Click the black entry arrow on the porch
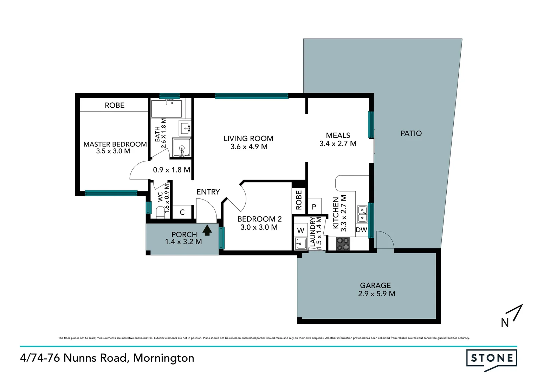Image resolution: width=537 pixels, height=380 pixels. click(x=207, y=230)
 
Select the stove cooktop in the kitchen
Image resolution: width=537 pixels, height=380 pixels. click(x=343, y=243)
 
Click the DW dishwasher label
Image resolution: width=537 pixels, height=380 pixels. click(x=361, y=230)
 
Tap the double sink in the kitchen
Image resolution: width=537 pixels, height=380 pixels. click(x=362, y=214)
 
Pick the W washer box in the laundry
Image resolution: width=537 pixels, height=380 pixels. click(x=300, y=230)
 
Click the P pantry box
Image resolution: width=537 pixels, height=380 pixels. click(x=314, y=207)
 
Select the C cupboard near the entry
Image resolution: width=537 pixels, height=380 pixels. click(x=182, y=212)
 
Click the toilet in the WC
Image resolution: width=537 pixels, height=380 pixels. click(x=160, y=212)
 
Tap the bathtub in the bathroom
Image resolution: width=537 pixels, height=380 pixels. click(x=167, y=109)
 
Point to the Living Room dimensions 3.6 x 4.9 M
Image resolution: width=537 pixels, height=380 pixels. click(x=249, y=147)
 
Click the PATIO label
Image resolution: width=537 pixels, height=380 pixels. click(x=411, y=133)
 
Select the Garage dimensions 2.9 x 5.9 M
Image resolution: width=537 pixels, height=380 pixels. click(x=376, y=294)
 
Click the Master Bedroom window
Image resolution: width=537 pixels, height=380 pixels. click(x=111, y=193)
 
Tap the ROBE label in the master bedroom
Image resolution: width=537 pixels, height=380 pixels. click(x=115, y=105)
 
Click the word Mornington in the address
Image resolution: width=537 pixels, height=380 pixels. click(x=163, y=358)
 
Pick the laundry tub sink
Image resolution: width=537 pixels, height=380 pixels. click(x=300, y=243)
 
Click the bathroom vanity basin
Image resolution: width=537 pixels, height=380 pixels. click(x=185, y=128)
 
